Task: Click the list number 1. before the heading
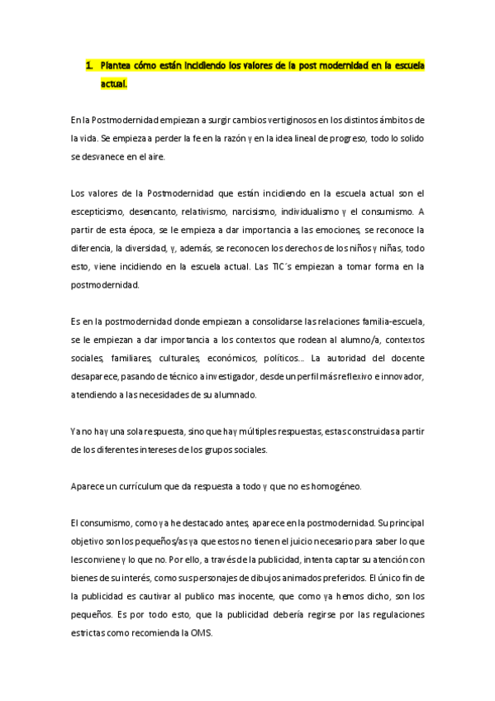90,65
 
